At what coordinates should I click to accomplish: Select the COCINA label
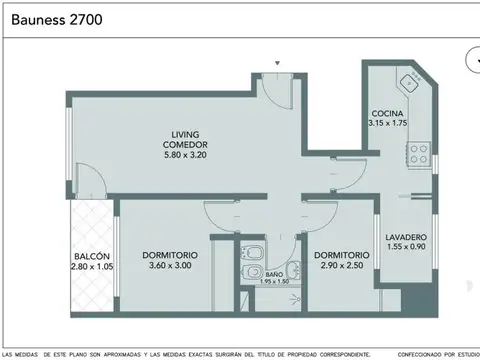387,113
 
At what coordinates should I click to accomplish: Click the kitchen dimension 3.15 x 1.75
387,123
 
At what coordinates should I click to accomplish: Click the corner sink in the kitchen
409,81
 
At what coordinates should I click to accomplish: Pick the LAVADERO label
405,237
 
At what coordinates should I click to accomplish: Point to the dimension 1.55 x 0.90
405,247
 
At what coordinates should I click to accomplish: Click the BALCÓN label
88,255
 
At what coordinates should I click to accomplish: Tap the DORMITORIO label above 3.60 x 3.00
169,255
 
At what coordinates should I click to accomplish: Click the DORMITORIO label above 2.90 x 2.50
342,255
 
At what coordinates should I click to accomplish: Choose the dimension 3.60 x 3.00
169,266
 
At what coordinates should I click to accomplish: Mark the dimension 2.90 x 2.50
342,266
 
